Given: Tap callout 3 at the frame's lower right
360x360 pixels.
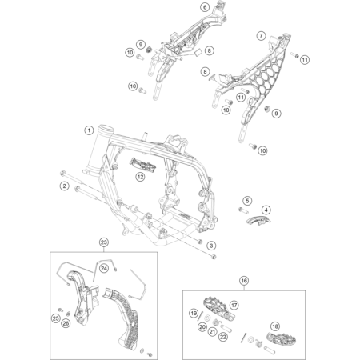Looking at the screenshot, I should [x=210, y=245].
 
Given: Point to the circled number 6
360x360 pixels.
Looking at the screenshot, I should [x=182, y=7].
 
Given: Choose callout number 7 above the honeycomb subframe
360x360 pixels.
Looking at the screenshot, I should [x=261, y=36].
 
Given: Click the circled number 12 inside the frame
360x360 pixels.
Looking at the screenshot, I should [x=140, y=176].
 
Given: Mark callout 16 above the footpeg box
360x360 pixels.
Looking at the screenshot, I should [x=245, y=281].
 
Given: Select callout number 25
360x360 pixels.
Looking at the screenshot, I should [x=57, y=318].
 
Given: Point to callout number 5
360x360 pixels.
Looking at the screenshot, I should [x=225, y=200].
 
